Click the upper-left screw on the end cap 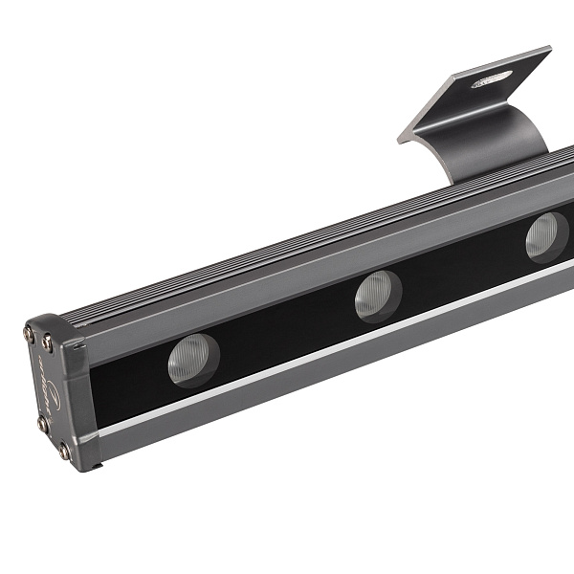click(29, 334)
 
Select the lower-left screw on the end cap click(41, 422)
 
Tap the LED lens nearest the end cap click(194, 360)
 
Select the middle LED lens click(378, 296)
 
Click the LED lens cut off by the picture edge click(547, 236)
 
